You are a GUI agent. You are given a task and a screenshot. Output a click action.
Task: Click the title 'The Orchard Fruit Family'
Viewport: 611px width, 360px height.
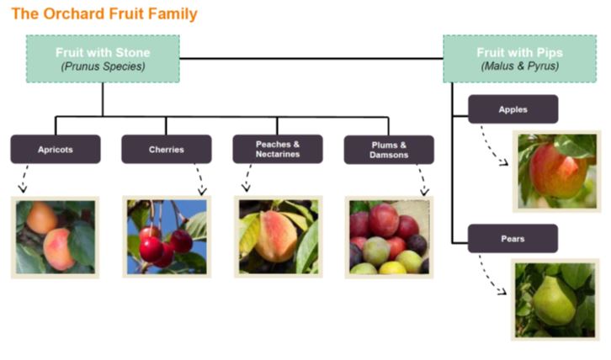104,13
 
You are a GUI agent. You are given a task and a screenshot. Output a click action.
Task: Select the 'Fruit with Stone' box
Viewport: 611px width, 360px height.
103,59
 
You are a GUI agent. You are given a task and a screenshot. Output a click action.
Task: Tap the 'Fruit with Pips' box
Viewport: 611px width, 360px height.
520,59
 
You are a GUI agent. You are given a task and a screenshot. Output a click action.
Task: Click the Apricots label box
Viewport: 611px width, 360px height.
56,149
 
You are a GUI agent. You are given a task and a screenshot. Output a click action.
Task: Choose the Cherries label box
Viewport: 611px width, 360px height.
167,149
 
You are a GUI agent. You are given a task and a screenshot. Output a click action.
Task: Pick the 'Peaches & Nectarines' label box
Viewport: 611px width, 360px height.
278,149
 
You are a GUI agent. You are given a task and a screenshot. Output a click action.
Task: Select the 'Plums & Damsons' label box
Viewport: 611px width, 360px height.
389,150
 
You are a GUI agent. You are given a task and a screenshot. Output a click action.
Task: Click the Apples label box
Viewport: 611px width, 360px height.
513,109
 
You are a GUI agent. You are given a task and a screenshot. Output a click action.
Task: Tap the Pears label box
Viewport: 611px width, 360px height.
513,238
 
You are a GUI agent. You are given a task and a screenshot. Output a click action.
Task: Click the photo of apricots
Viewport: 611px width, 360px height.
55,237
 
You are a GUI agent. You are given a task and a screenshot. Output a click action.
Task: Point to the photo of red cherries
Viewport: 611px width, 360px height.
167,237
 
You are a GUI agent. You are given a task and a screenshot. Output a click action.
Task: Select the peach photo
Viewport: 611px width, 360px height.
279,237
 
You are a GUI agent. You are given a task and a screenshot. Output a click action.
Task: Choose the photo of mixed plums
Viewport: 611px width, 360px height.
389,237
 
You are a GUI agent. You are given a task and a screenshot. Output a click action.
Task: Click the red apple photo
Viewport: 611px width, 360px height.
557,172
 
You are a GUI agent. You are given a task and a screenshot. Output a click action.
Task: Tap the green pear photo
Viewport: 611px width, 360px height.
555,299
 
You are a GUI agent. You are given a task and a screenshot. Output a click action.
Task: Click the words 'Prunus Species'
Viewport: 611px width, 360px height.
103,66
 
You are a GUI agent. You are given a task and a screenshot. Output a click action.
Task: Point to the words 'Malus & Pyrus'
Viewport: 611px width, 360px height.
520,66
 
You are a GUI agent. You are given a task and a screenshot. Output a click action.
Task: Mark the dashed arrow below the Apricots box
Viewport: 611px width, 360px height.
24,178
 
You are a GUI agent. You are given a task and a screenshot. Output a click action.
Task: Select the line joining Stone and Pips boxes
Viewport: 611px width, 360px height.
311,59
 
